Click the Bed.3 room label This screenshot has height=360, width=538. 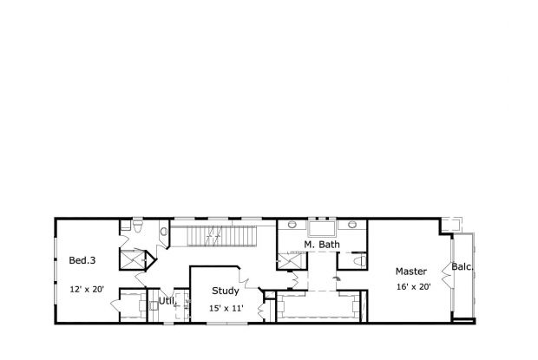click(82, 260)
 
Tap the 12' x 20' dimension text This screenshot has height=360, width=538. click(87, 290)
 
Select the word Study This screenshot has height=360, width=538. click(226, 291)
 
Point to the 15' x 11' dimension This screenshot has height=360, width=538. click(226, 308)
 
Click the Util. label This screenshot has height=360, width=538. click(167, 301)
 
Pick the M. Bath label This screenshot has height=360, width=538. click(322, 245)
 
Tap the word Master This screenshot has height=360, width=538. click(411, 272)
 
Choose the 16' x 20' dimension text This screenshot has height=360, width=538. click(414, 287)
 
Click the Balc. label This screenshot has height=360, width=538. click(463, 266)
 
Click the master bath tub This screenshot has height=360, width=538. click(321, 229)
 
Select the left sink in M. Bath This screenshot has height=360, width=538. click(292, 225)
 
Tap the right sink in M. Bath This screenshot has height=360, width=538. click(352, 225)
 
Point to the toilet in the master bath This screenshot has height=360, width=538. click(359, 260)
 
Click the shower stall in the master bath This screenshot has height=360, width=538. click(290, 260)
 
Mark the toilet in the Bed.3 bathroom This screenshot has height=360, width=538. click(138, 226)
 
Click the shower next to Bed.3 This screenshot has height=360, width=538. click(132, 260)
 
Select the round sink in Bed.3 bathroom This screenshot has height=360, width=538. click(164, 232)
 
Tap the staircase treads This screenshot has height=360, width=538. click(222, 236)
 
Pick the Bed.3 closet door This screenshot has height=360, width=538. click(115, 305)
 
